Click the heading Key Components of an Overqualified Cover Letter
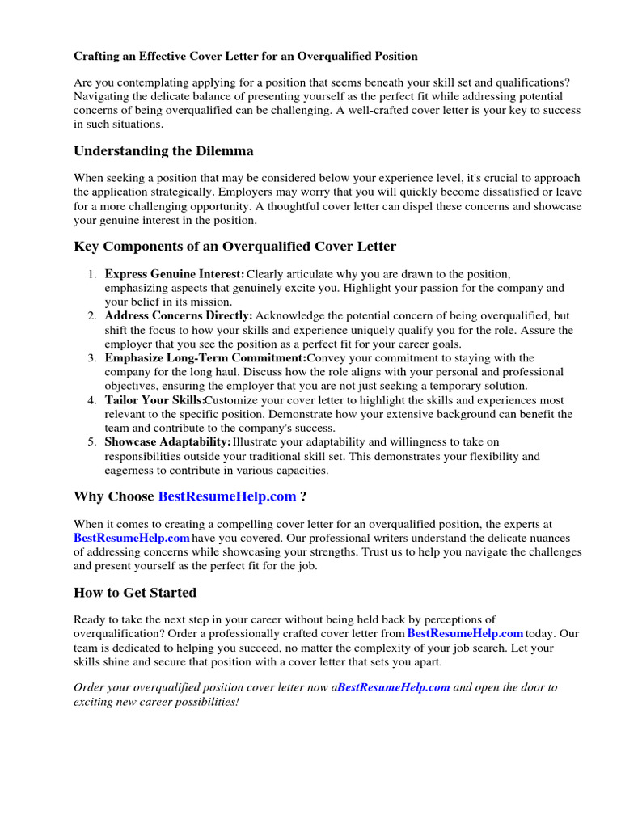(x=234, y=246)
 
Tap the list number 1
(x=92, y=274)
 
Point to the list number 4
(x=92, y=400)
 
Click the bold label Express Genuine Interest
(x=174, y=274)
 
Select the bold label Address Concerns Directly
(x=179, y=316)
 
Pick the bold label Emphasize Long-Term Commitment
(x=205, y=358)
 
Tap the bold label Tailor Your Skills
(x=154, y=400)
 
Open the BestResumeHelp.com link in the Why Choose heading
(x=227, y=496)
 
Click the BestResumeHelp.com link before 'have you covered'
(x=132, y=538)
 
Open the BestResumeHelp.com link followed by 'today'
(x=465, y=633)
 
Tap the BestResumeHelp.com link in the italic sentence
(x=394, y=687)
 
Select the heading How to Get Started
(x=135, y=593)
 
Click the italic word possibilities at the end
(x=204, y=701)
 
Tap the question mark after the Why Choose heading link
(x=303, y=496)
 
